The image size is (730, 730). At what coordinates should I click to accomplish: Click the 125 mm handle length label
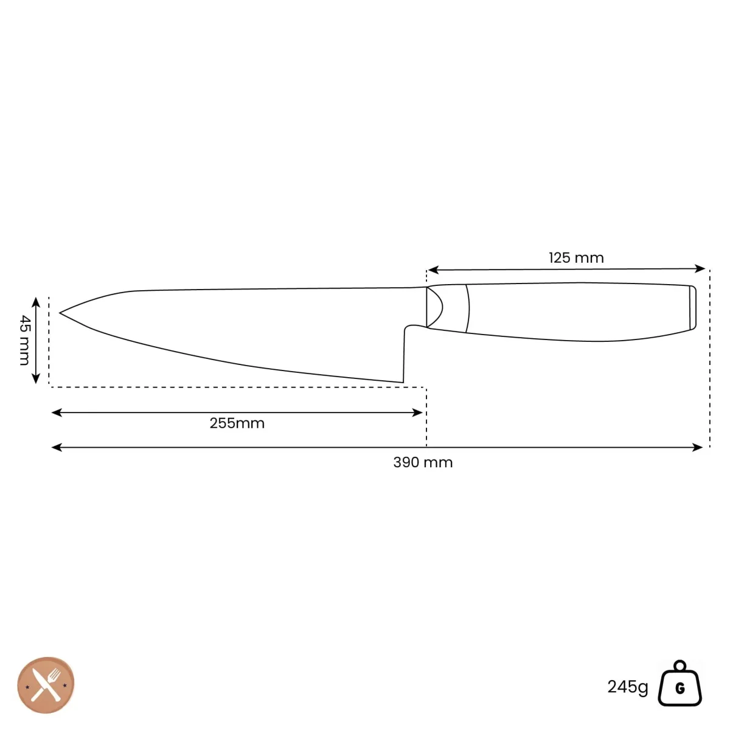(576, 258)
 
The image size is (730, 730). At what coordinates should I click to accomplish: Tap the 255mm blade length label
(237, 423)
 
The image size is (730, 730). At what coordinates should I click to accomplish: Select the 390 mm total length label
(423, 462)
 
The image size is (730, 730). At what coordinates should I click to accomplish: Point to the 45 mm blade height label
(24, 340)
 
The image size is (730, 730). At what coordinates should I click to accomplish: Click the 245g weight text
(628, 686)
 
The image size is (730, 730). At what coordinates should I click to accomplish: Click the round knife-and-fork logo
(46, 685)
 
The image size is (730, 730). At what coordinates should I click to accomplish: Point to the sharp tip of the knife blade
(60, 313)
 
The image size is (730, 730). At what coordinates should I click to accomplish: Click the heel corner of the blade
(403, 382)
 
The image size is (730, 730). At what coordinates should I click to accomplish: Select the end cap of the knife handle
(692, 308)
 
